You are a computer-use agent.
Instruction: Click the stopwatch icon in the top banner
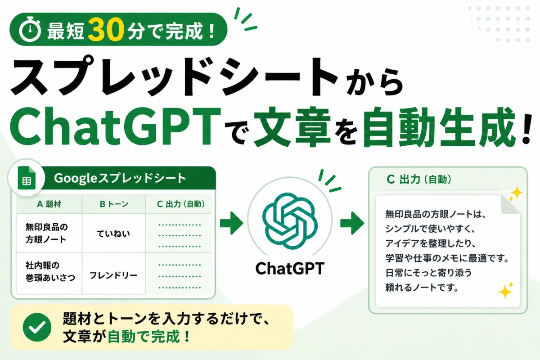[x=30, y=29]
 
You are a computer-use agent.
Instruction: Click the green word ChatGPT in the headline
[x=115, y=126]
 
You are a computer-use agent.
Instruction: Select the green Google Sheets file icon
[x=27, y=178]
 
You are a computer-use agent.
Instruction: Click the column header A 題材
[x=49, y=204]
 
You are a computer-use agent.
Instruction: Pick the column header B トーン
[x=114, y=204]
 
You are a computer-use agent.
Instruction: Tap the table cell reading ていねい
[x=113, y=234]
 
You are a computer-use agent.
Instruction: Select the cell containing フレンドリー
[x=113, y=275]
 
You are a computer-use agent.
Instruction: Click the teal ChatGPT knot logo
[x=290, y=220]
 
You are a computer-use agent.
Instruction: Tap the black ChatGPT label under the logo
[x=290, y=268]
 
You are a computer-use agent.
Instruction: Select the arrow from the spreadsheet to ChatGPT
[x=231, y=223]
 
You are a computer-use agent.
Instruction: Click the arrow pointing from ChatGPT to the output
[x=352, y=223]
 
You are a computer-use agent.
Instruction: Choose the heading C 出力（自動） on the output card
[x=419, y=180]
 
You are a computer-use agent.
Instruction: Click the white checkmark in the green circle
[x=37, y=327]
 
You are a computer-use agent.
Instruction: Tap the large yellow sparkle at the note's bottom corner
[x=505, y=292]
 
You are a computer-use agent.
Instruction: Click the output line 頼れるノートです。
[x=422, y=288]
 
